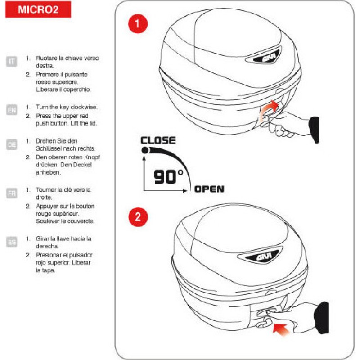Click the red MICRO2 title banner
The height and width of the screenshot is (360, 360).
click(x=38, y=9)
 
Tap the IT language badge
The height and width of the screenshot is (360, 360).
click(x=12, y=62)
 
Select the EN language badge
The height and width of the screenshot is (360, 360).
click(x=12, y=110)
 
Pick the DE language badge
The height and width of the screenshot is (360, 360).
click(x=12, y=144)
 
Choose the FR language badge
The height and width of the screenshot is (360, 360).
click(x=12, y=193)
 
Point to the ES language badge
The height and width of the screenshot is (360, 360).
click(x=12, y=242)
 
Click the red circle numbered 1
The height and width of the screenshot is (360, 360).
click(x=138, y=24)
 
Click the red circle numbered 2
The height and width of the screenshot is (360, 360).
click(x=138, y=217)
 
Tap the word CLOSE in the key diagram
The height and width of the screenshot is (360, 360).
click(x=158, y=140)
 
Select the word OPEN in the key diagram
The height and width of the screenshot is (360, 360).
click(x=209, y=189)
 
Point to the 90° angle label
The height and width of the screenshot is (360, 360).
click(x=168, y=177)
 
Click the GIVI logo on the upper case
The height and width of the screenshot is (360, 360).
click(x=266, y=57)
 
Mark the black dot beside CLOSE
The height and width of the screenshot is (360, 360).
click(x=145, y=150)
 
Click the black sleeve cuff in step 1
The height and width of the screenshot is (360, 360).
click(x=315, y=130)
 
